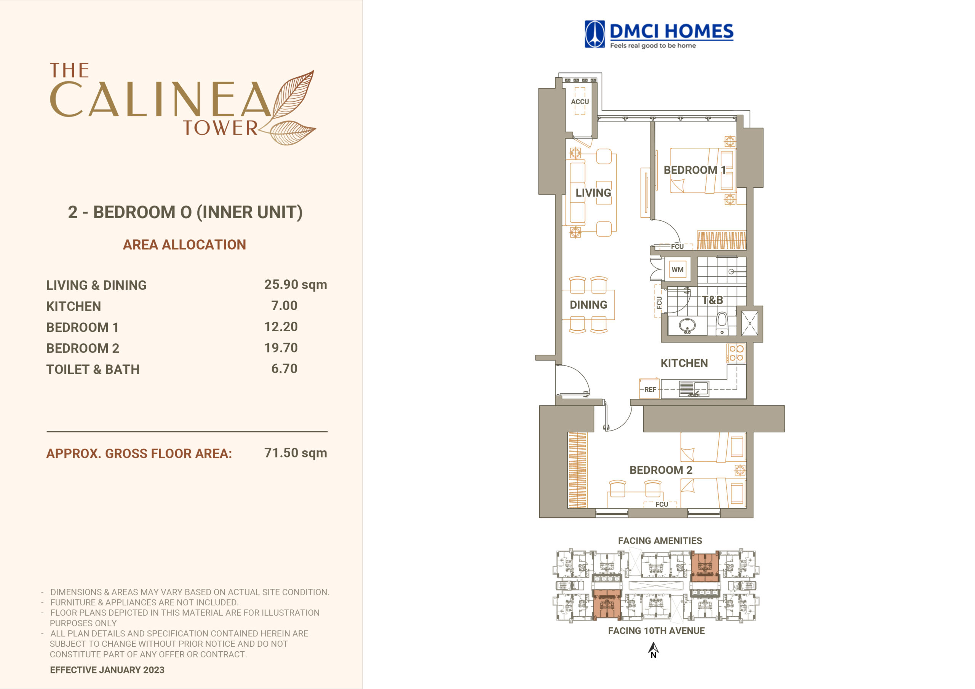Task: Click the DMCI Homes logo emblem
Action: (x=595, y=34)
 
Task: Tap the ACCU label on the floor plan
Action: (x=580, y=102)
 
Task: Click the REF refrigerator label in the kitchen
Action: (x=650, y=389)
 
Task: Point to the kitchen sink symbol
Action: (x=694, y=388)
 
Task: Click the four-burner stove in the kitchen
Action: (x=736, y=353)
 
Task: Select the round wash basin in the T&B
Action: (x=687, y=325)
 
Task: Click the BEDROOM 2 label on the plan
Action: (x=661, y=470)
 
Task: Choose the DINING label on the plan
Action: (x=588, y=305)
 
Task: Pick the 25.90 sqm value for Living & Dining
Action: (x=296, y=284)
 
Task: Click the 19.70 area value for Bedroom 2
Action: (x=281, y=348)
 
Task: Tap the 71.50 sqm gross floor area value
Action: (x=296, y=453)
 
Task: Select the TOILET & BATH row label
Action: (x=93, y=369)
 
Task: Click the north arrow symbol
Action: (x=654, y=649)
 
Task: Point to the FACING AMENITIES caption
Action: (x=660, y=541)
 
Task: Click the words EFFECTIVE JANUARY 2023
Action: (x=107, y=670)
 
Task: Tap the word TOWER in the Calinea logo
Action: (x=221, y=128)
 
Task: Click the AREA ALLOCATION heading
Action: (x=184, y=244)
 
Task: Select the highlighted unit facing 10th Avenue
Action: (x=606, y=604)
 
